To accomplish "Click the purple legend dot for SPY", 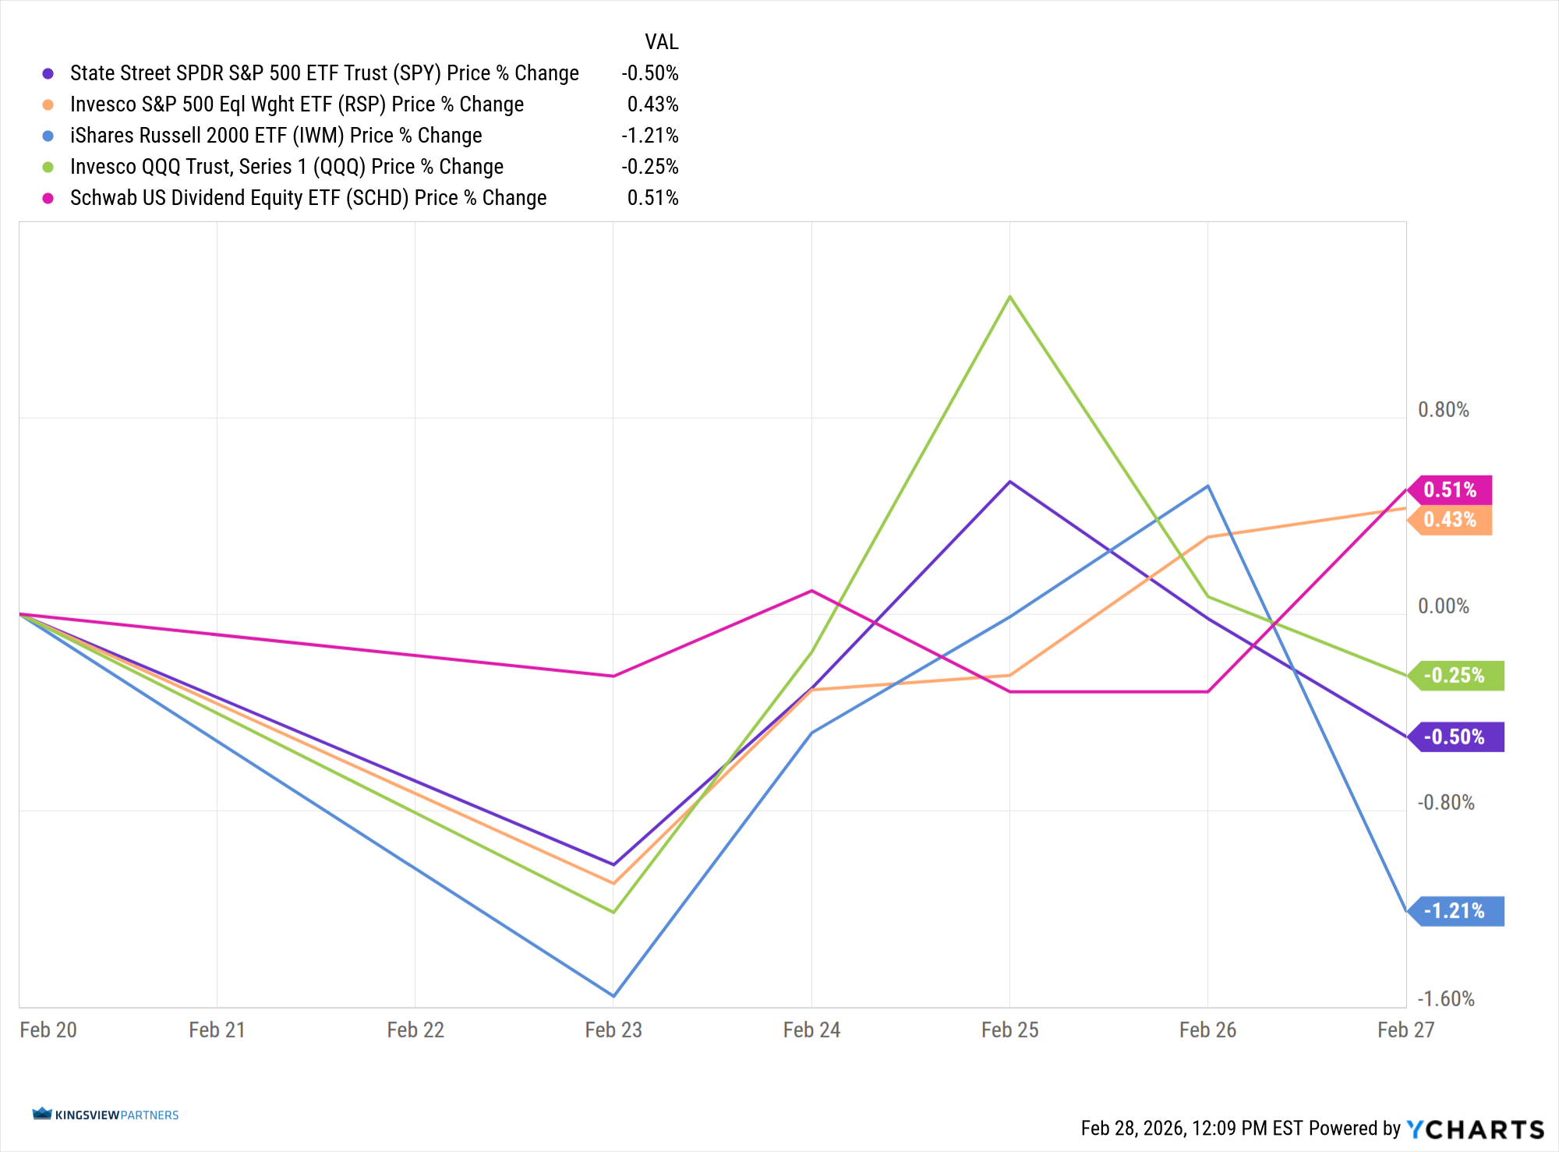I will click(x=48, y=73).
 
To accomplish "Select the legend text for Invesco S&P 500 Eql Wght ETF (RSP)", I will click(x=296, y=104).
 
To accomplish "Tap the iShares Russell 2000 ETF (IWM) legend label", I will click(x=276, y=136).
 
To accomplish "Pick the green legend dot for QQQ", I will click(x=48, y=167).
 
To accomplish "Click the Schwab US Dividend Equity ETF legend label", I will click(x=308, y=198).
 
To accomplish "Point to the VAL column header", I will click(x=661, y=42).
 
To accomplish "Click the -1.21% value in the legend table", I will click(x=649, y=136).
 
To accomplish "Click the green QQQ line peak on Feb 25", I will click(x=1010, y=297).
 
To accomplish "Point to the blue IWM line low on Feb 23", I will click(x=613, y=995).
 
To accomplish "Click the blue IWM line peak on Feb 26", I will click(x=1208, y=486).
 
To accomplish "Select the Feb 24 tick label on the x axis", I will click(x=811, y=1030).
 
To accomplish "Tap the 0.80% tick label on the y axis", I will click(x=1443, y=410).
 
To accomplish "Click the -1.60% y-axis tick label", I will click(x=1445, y=999).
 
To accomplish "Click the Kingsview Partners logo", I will click(x=105, y=1115).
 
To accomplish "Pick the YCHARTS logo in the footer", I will click(x=1475, y=1129).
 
